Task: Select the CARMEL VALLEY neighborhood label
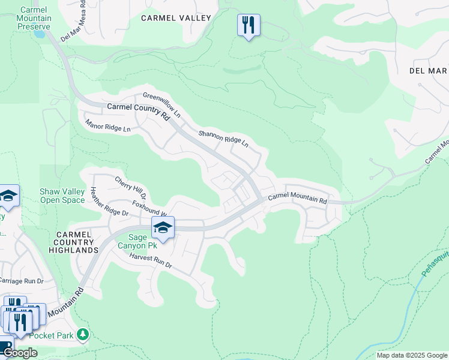[176, 18]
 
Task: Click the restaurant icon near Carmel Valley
[249, 25]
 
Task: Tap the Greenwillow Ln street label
[161, 104]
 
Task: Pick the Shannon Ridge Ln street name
[223, 139]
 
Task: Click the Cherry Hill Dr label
[130, 187]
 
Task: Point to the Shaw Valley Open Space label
[62, 196]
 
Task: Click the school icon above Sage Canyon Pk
[163, 227]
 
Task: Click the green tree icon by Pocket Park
[83, 334]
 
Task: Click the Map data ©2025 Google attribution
[411, 355]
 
